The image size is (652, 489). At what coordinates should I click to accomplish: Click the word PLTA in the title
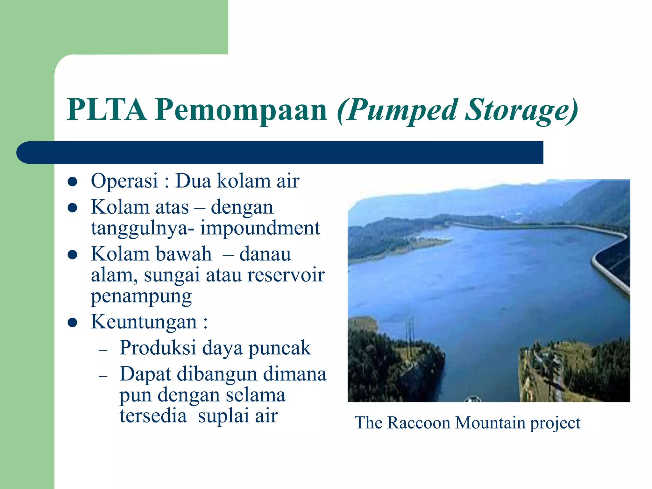[x=107, y=110]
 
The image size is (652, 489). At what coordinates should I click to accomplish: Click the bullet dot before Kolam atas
[x=73, y=208]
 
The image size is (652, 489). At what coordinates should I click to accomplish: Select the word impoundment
[x=260, y=228]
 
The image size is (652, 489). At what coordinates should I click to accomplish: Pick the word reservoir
[x=286, y=275]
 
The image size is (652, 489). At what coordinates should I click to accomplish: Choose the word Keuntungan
[x=144, y=322]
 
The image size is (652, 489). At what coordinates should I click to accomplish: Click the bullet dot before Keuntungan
[x=73, y=323]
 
